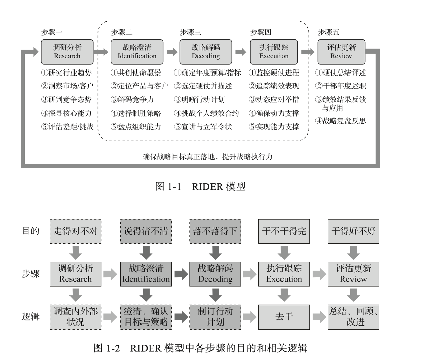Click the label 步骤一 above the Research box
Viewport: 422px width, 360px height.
pyautogui.click(x=52, y=32)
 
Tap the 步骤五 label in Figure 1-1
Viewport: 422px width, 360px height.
pyautogui.click(x=329, y=32)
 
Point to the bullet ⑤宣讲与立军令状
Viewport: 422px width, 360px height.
pyautogui.click(x=203, y=126)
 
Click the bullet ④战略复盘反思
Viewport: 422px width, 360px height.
pyautogui.click(x=340, y=121)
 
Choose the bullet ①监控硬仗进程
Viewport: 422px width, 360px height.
pyautogui.click(x=274, y=72)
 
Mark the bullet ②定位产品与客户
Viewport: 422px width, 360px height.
pyautogui.click(x=139, y=86)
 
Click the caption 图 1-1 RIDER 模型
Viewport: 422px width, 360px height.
pyautogui.click(x=200, y=186)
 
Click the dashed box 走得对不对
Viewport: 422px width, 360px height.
pyautogui.click(x=75, y=231)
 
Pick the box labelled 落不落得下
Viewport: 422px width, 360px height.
pyautogui.click(x=214, y=231)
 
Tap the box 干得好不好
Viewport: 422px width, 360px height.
pyautogui.click(x=354, y=231)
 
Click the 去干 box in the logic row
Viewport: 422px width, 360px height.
pyautogui.click(x=284, y=316)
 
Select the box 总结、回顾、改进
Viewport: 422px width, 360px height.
pyautogui.click(x=354, y=316)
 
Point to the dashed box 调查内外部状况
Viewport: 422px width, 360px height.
pyautogui.click(x=75, y=316)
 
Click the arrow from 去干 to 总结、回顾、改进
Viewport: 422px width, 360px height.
pyautogui.click(x=319, y=317)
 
